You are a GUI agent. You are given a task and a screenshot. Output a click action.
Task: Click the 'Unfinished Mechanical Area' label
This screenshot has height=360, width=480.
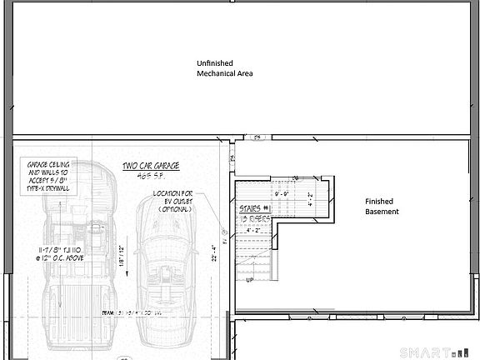click(224, 68)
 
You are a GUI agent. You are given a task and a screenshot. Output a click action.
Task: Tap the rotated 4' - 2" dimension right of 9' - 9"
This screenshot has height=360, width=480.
click(311, 199)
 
